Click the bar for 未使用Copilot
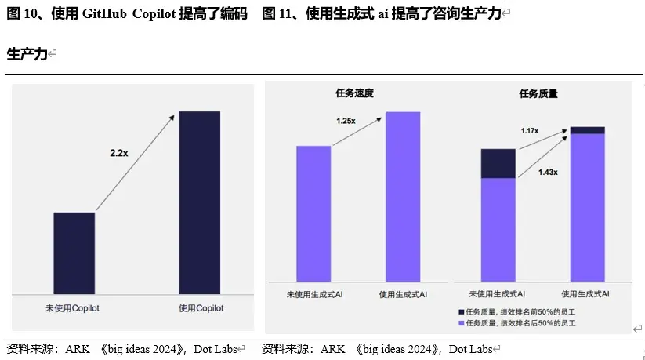point(74,245)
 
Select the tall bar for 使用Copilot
point(200,195)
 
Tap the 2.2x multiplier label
point(119,154)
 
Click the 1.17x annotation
point(530,130)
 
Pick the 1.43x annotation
point(548,172)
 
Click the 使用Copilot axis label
point(201,308)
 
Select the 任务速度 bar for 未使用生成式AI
point(313,213)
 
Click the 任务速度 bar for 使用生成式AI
point(403,196)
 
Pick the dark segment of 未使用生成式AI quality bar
point(498,164)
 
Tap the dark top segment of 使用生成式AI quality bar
point(587,130)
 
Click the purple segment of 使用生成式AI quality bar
point(587,207)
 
